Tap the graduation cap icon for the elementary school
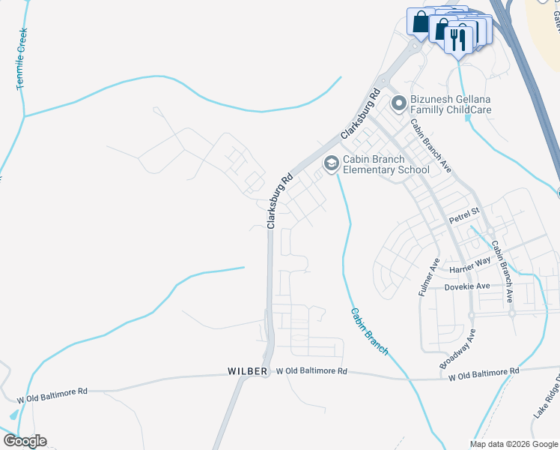[330, 163]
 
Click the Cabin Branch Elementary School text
[386, 164]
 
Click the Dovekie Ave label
[467, 286]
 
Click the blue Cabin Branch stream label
[369, 331]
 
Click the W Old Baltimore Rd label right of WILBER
[311, 371]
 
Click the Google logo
[24, 441]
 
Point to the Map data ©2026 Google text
[514, 444]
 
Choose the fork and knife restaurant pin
[457, 37]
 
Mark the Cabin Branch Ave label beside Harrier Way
[501, 271]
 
